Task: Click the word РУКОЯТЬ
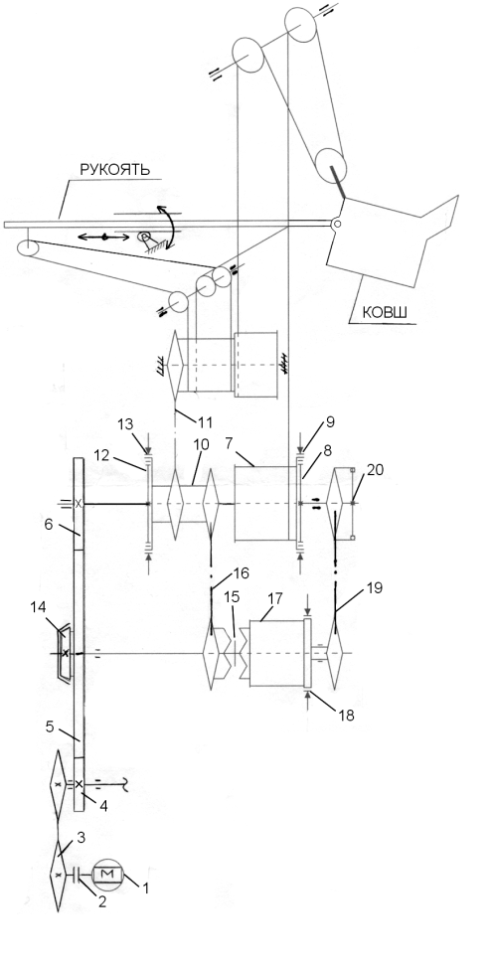pos(114,169)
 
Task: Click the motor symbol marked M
pos(107,874)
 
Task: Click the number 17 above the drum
pos(272,599)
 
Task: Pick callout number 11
pos(205,423)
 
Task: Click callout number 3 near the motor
pos(81,838)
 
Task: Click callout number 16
pos(241,573)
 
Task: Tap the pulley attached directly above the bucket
pos(331,165)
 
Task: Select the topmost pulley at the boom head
pos(301,25)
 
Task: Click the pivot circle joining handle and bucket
pos(336,224)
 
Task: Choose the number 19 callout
pos(374,587)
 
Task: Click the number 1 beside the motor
pos(145,888)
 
